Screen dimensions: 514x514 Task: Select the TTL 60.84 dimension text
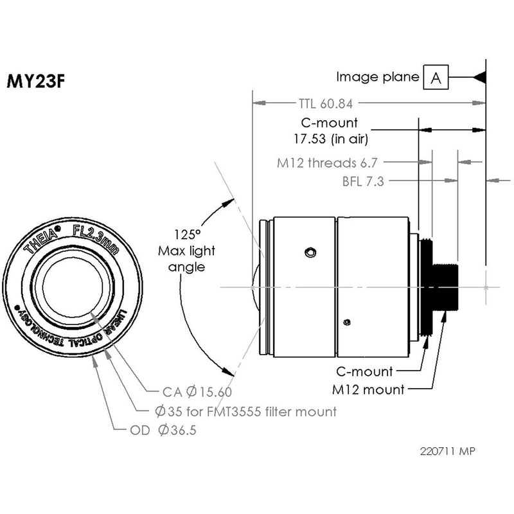[328, 103]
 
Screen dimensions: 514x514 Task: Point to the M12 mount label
[369, 389]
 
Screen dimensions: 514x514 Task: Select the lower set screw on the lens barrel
[346, 321]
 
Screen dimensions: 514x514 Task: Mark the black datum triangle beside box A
[479, 78]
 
